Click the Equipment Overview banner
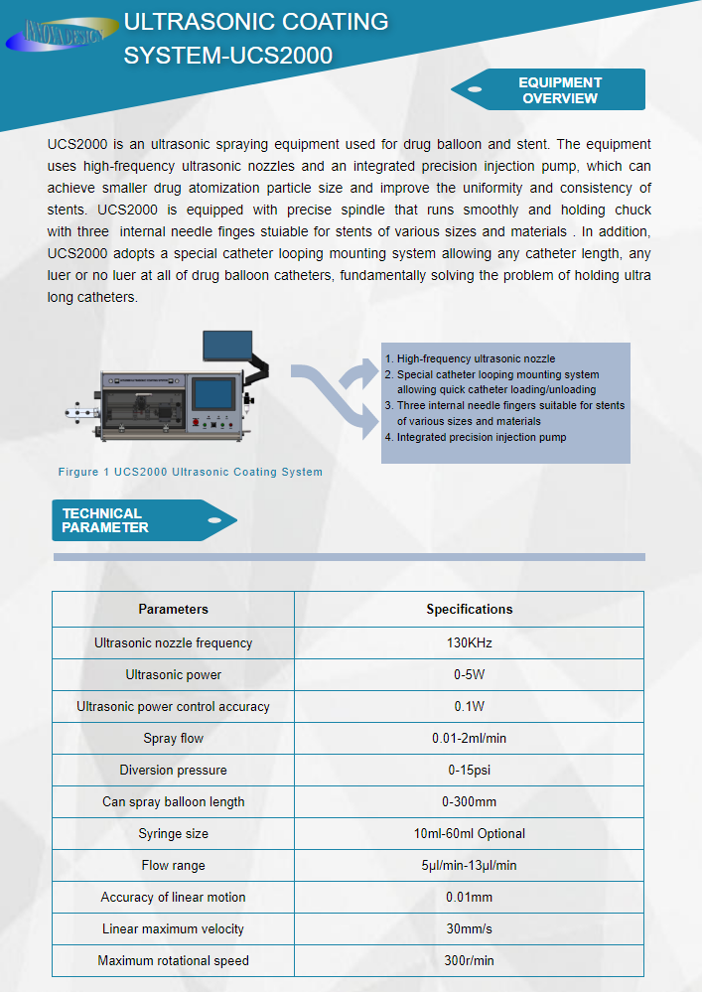(x=556, y=89)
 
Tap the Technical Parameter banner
(x=139, y=520)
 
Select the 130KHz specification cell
(x=469, y=642)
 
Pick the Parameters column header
(x=173, y=609)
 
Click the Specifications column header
(x=469, y=609)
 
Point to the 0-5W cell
(x=469, y=674)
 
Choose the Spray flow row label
(x=173, y=738)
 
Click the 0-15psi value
(x=469, y=770)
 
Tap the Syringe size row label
(x=173, y=833)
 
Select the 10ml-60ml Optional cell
(x=469, y=833)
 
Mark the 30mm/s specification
(x=469, y=928)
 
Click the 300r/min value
(x=469, y=960)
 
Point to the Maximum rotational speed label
(x=173, y=960)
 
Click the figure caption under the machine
(x=191, y=472)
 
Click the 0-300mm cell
(x=469, y=801)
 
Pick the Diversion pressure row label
(x=173, y=770)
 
